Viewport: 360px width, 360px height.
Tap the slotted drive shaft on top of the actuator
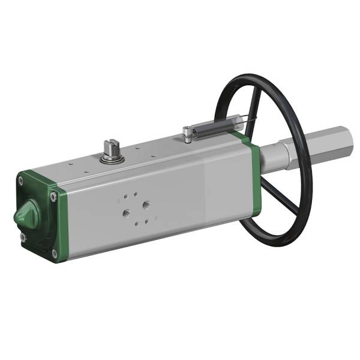coord(110,146)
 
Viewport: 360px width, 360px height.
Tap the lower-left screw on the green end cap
coord(23,238)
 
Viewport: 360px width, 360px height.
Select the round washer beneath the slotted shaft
coord(110,158)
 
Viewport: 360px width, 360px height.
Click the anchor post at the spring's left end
coord(187,136)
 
